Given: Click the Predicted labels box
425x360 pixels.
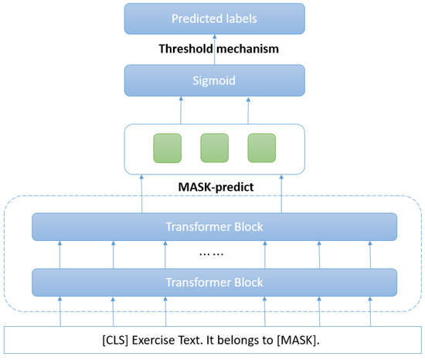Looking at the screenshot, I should coord(214,18).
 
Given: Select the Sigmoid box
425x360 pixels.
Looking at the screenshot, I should coord(214,80).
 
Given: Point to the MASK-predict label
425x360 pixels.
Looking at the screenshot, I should coord(214,187).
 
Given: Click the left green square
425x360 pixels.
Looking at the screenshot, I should coord(167,148).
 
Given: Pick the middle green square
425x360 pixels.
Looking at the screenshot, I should coord(214,148).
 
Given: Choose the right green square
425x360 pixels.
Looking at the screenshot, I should coord(261,148).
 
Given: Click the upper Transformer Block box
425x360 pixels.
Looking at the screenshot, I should coord(214,227).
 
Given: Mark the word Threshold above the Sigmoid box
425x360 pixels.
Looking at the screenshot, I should coord(185,48).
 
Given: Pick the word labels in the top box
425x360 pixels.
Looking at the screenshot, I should coord(240,18).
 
